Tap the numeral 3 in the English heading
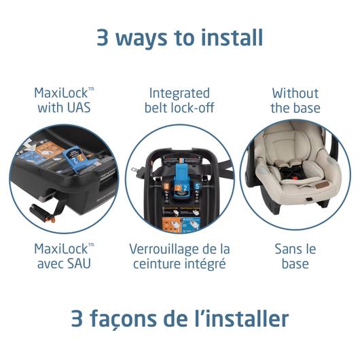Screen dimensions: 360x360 103,37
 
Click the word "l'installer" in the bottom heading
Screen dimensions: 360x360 242,318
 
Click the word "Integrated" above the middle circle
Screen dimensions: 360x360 179,94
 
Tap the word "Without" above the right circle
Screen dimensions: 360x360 295,94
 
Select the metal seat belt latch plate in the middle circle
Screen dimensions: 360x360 137,171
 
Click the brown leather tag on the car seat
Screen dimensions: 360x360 321,185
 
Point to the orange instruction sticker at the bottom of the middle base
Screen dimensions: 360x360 171,224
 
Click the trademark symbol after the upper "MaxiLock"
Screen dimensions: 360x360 92,89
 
